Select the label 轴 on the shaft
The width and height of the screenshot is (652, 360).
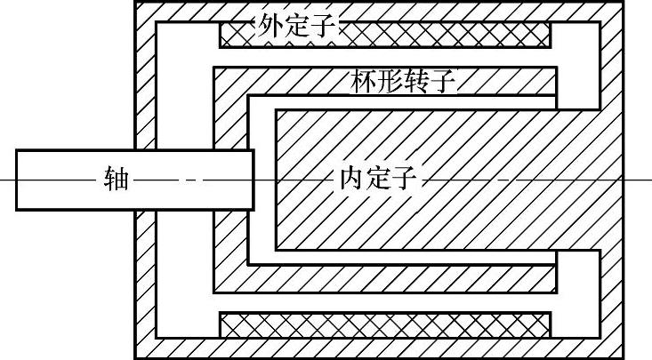coord(117,180)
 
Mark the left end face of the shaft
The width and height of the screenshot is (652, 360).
coord(16,180)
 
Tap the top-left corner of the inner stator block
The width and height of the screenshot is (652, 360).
coord(276,110)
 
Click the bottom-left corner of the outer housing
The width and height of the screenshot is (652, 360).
coord(135,357)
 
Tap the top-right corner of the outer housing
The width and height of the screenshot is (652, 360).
coord(621,2)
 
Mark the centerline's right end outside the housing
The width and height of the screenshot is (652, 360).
coord(649,180)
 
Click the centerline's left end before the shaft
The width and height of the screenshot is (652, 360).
coord(3,180)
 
